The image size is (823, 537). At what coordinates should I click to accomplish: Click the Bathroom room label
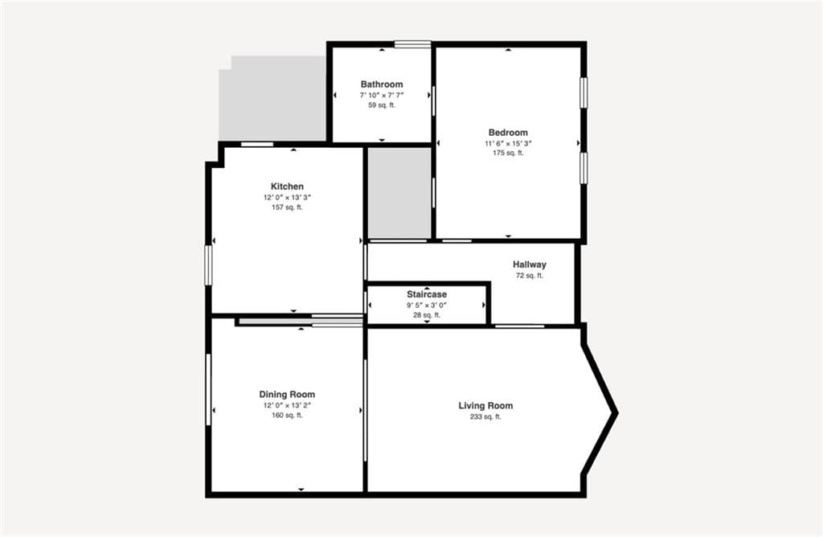coord(382,84)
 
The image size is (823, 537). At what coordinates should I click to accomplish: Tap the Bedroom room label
coord(508,133)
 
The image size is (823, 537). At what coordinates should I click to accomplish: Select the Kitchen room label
coord(287,187)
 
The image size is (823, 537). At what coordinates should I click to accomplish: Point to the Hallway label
coord(530,264)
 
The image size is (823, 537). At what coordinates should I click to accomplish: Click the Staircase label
coord(427,294)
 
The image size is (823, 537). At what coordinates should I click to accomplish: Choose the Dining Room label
coord(287,394)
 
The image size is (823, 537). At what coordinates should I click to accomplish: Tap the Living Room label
coord(485,406)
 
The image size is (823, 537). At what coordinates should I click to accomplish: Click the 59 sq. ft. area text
coord(382,105)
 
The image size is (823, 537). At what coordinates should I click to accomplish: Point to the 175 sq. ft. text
coord(508,154)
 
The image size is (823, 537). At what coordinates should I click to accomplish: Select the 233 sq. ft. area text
coord(485,416)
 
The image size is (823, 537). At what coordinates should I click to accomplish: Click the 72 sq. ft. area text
coord(530,276)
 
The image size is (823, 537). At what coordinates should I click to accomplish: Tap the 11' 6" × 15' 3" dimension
coord(508,143)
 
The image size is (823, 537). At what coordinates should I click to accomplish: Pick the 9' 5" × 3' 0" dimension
coord(427,305)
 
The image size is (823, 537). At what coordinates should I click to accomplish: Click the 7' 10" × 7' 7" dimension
coord(382,95)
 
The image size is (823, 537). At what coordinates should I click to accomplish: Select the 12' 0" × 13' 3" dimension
coord(287,198)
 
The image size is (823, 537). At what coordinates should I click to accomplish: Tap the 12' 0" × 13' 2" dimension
coord(287,405)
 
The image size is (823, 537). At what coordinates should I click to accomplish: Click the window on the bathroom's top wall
coord(412,45)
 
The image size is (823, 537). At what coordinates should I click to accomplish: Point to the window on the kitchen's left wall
coord(208,265)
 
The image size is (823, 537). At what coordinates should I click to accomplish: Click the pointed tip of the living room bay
coord(616,413)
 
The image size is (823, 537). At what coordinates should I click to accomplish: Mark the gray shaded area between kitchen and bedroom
coord(399,193)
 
